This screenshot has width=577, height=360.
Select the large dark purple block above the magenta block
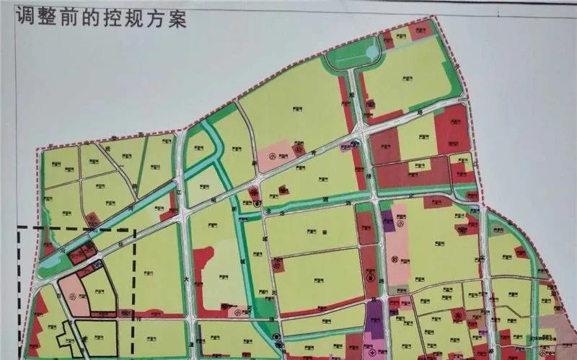(374, 316)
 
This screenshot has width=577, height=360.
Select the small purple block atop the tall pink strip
(389, 218)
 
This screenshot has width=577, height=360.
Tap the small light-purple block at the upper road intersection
(345, 148)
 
